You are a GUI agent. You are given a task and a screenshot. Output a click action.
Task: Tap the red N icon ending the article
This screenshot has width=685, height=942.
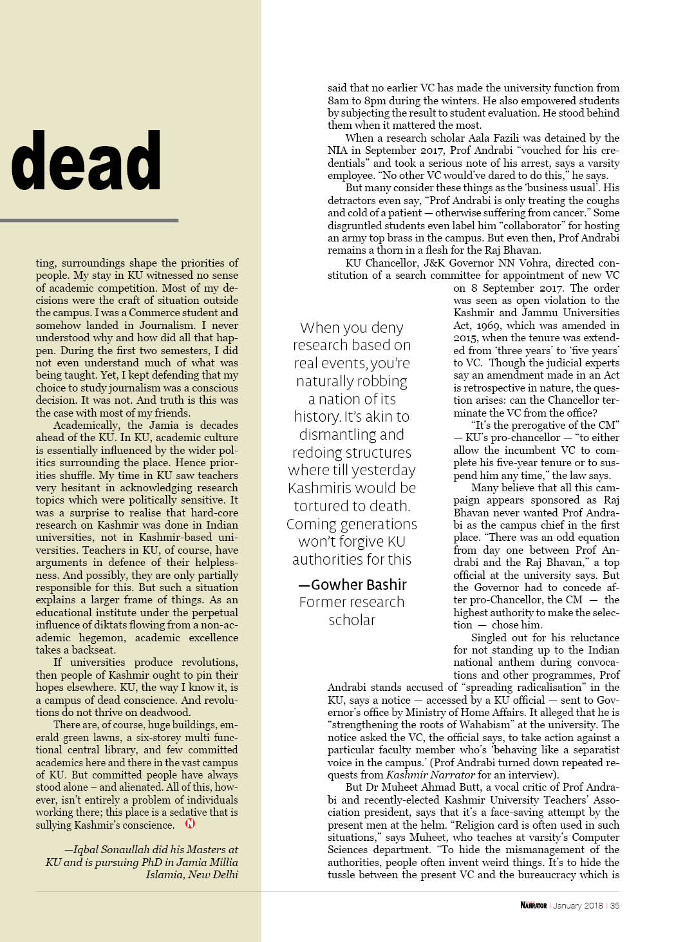tap(190, 824)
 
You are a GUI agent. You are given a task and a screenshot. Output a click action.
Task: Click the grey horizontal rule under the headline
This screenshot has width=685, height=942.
tap(89, 220)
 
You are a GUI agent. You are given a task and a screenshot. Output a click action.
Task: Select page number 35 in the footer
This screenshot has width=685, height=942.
tap(615, 905)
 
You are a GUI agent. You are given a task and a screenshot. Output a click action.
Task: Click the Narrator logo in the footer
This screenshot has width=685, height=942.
tap(533, 905)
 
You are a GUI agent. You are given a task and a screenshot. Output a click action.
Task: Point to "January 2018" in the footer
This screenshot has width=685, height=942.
tap(577, 905)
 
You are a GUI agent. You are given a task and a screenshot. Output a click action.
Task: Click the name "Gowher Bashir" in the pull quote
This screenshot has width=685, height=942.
tap(359, 585)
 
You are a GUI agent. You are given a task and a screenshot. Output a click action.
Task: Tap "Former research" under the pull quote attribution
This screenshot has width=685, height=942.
tap(352, 602)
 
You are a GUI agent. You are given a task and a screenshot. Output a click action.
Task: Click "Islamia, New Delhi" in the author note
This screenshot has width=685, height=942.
tap(192, 874)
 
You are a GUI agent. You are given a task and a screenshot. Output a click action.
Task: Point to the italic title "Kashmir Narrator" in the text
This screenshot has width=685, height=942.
tap(430, 775)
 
